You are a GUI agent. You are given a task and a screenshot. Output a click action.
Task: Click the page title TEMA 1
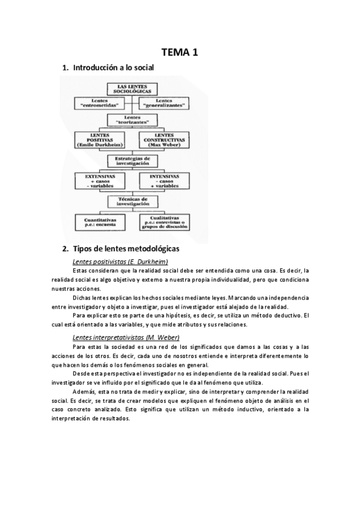pyautogui.click(x=180, y=53)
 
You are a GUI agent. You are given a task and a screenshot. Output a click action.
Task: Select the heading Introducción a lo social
pyautogui.click(x=114, y=69)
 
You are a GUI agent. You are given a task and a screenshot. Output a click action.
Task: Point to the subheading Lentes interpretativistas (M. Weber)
pyautogui.click(x=126, y=337)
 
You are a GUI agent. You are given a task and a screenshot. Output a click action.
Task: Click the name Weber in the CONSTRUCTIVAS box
pyautogui.click(x=174, y=145)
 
